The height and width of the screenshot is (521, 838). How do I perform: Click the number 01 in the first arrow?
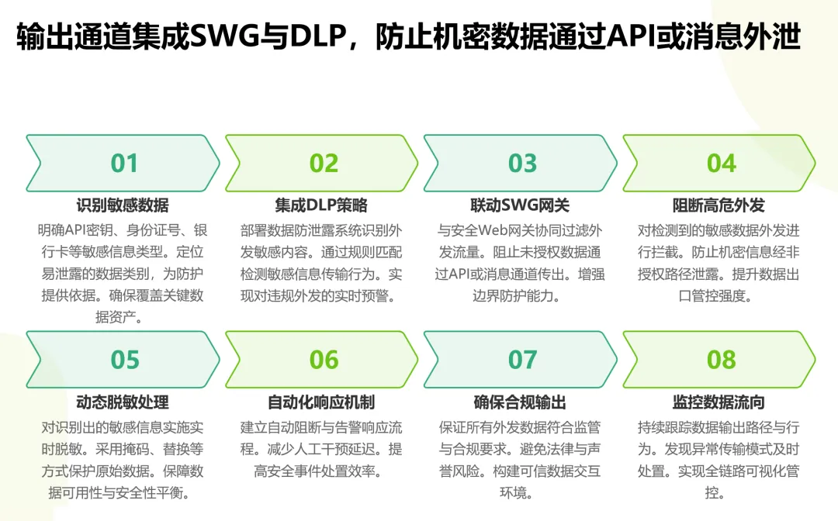coord(124,163)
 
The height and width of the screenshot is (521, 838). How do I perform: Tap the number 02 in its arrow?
coord(324,163)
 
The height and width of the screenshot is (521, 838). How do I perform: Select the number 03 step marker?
coord(522,163)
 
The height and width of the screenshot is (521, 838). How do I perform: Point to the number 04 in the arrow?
coord(721,163)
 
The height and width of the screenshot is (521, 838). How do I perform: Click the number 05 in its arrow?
coord(124,360)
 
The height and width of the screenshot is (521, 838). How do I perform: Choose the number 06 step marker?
coord(324,360)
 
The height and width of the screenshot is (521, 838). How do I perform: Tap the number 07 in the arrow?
coord(522,360)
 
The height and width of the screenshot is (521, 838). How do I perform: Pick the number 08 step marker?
coord(721,360)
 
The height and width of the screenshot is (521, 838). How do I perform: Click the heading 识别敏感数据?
coord(123,205)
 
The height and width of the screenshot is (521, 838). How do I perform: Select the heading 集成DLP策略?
coord(321,205)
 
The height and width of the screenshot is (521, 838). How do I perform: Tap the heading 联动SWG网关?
coord(520,205)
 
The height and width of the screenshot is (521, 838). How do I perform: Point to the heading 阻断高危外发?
coord(719,205)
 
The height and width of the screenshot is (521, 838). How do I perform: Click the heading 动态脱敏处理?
coord(123,402)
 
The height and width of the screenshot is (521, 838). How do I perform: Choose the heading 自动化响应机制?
coord(321,402)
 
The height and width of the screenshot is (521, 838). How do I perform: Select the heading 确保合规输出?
coord(520,402)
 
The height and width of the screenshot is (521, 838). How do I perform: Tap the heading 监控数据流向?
coord(719,402)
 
